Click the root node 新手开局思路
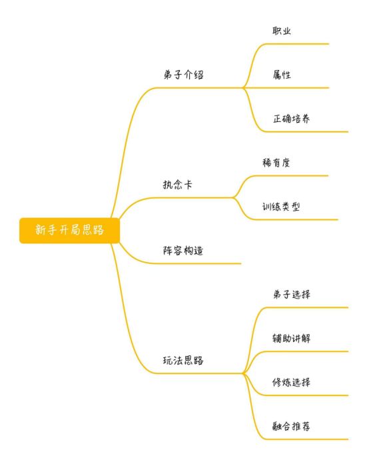[69, 231]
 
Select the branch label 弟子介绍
[183, 75]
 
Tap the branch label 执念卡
[178, 185]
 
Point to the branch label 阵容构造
[183, 251]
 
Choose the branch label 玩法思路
[183, 360]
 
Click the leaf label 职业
[282, 31]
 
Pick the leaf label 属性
[282, 75]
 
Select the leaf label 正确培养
[291, 119]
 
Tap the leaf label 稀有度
[276, 163]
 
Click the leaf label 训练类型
[281, 207]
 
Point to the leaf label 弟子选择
[291, 294]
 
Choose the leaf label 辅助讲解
[291, 338]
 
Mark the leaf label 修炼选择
[291, 382]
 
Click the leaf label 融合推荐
[291, 426]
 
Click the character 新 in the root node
[40, 230]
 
